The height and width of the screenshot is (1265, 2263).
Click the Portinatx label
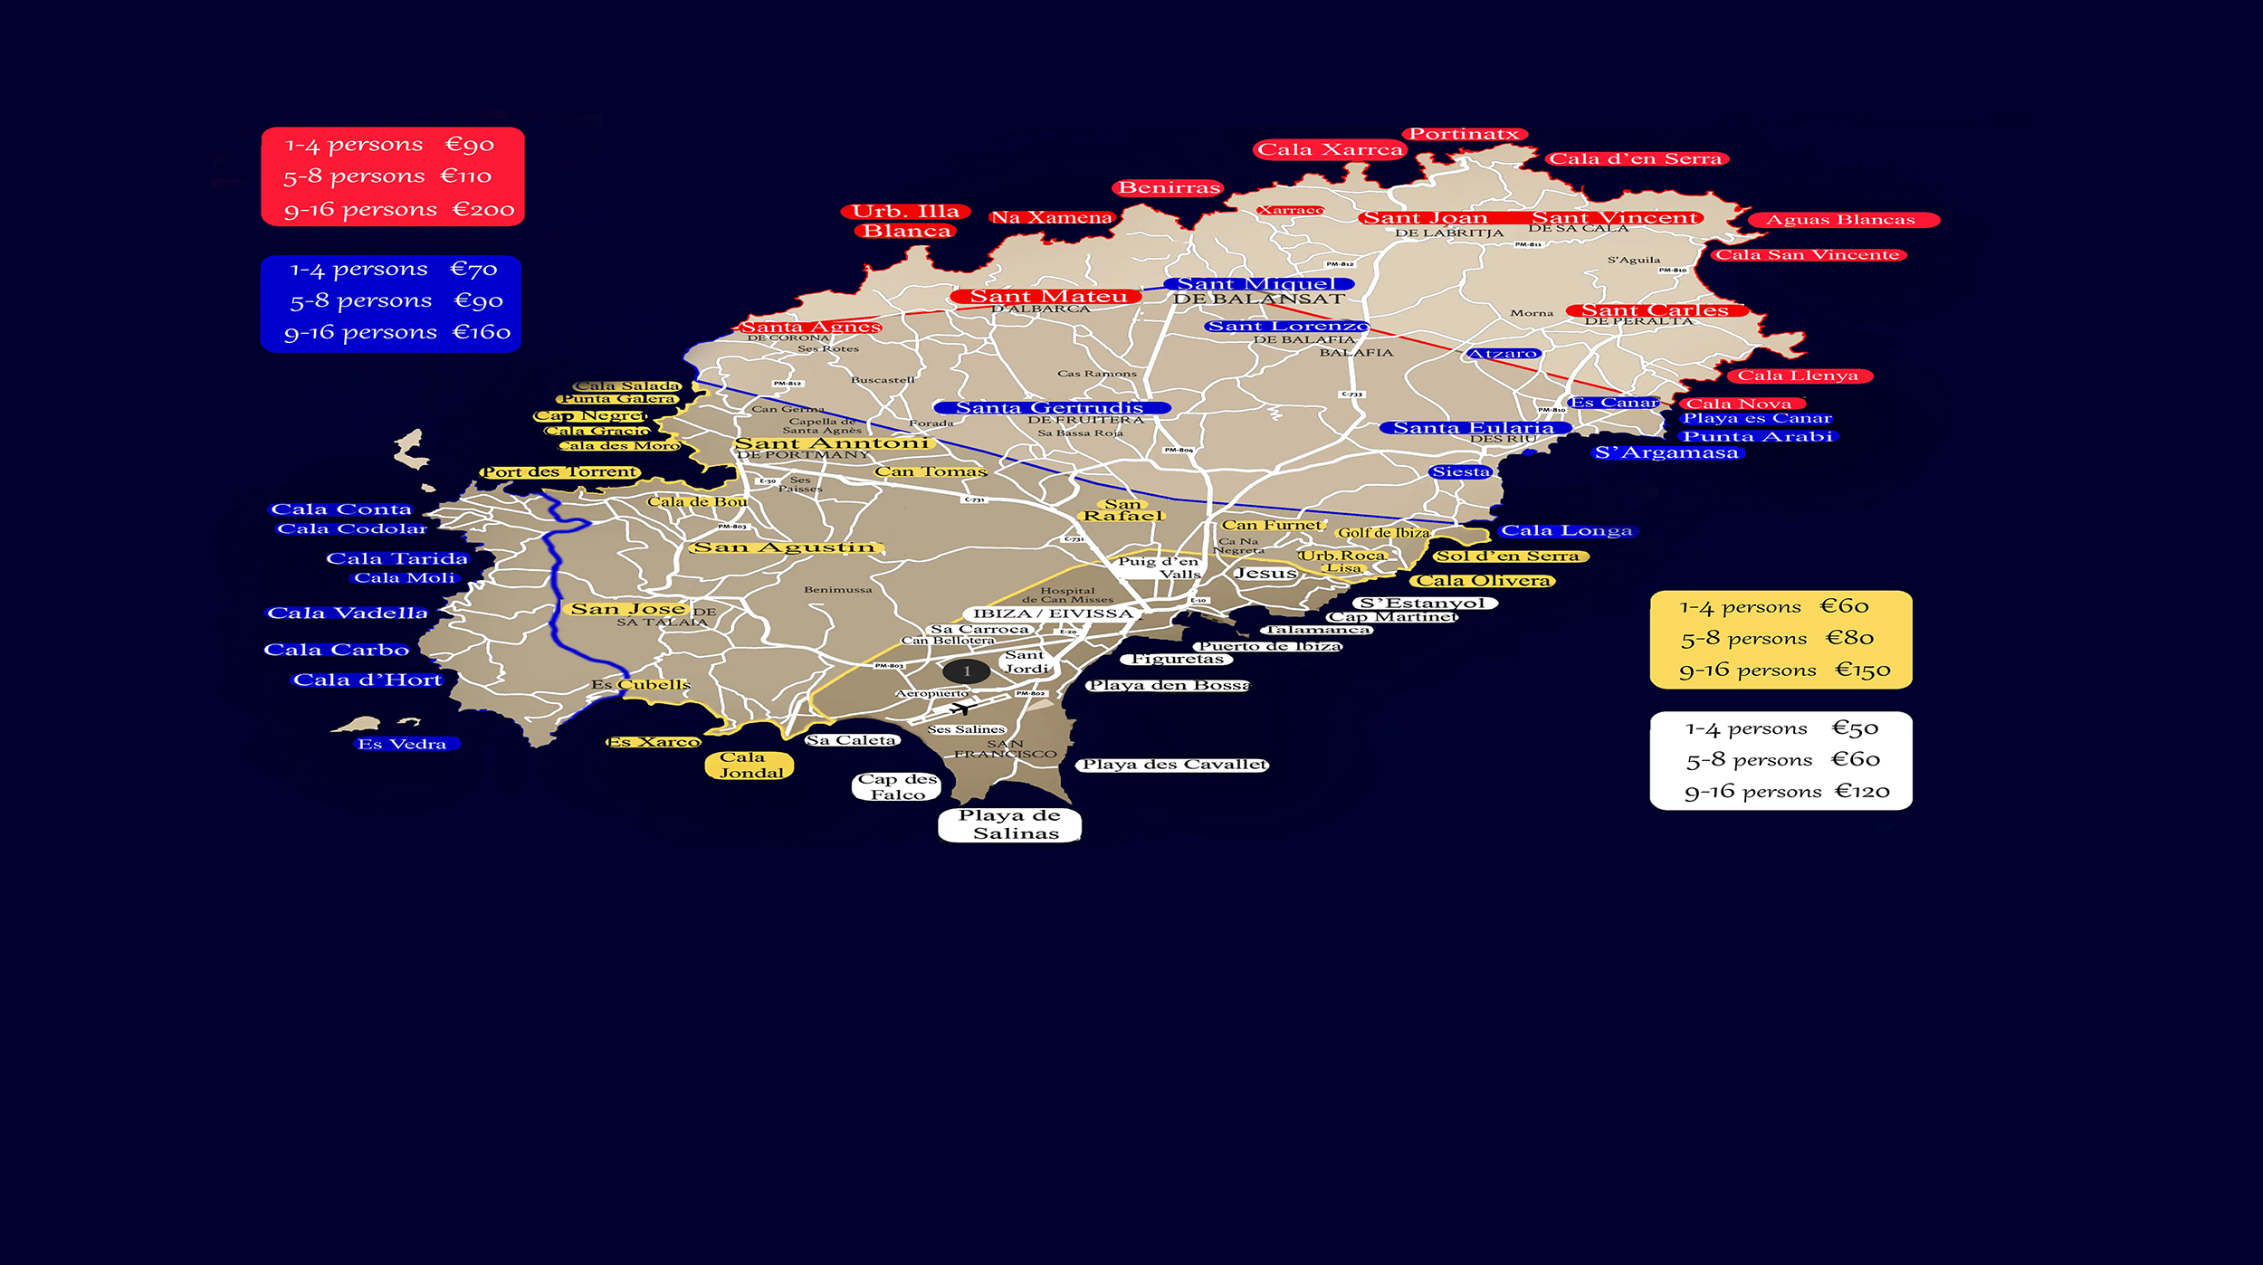(1464, 134)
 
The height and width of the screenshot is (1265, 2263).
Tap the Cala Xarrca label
(1330, 149)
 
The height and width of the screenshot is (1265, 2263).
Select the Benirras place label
(1169, 187)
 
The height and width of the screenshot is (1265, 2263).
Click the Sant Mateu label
(1048, 296)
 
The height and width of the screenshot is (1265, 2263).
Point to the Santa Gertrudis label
(1050, 408)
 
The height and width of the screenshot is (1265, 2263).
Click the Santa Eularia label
(1473, 428)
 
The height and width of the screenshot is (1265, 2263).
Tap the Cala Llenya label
(1798, 376)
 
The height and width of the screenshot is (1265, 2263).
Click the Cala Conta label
(341, 509)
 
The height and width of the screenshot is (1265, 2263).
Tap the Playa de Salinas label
(1009, 824)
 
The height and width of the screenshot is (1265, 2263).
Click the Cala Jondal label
(750, 766)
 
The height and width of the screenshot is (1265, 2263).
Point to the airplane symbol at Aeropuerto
(960, 709)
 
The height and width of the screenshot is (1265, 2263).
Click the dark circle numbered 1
(967, 671)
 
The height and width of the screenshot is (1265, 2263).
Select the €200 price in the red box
(483, 210)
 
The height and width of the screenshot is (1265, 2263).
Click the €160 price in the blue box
(482, 332)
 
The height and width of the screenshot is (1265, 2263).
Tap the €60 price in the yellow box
(1845, 606)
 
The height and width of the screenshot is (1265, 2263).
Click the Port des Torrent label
(559, 472)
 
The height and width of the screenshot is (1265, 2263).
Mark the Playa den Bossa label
(1168, 686)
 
